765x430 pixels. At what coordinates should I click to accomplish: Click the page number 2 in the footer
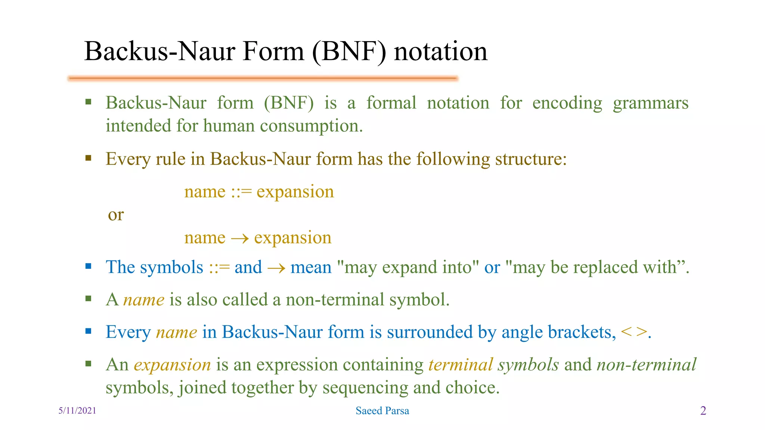[703, 411]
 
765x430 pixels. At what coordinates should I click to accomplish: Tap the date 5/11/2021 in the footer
[77, 411]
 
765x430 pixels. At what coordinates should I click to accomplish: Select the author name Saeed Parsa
[382, 411]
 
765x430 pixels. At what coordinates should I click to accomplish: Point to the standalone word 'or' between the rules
[116, 215]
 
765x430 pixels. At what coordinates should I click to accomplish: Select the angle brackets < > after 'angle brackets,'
[634, 332]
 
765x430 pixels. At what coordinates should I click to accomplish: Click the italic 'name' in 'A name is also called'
[144, 300]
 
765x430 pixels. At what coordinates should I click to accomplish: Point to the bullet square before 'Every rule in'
[88, 158]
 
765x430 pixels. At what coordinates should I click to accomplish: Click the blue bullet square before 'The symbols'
[88, 266]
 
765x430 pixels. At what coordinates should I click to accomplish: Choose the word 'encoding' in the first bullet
[567, 103]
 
